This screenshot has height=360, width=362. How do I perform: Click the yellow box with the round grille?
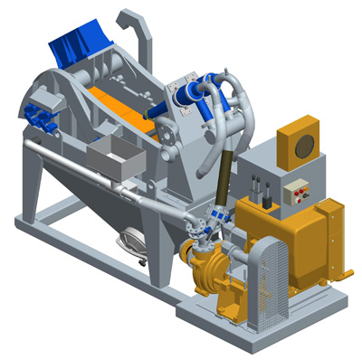[300, 143]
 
